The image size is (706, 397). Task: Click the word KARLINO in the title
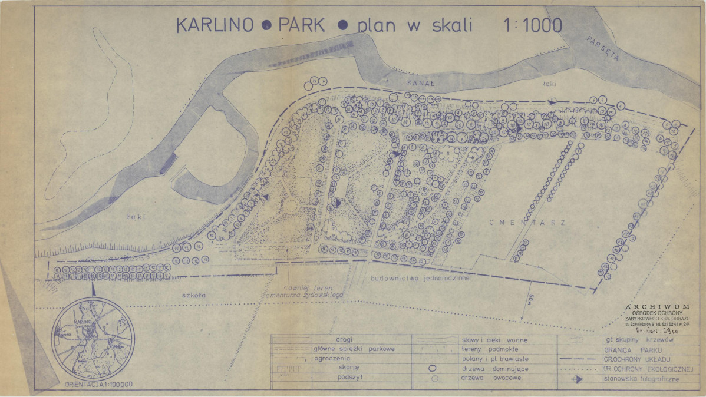click(215, 25)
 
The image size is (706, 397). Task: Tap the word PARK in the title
click(301, 25)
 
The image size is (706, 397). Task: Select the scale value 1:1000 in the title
click(532, 25)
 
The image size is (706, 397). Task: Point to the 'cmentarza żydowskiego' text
click(305, 294)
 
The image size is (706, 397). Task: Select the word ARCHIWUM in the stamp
click(657, 306)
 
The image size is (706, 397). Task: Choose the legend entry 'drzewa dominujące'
click(491, 368)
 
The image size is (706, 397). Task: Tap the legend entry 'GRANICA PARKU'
click(625, 349)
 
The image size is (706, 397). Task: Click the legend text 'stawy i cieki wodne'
click(494, 340)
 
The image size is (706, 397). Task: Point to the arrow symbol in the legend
click(576, 379)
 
